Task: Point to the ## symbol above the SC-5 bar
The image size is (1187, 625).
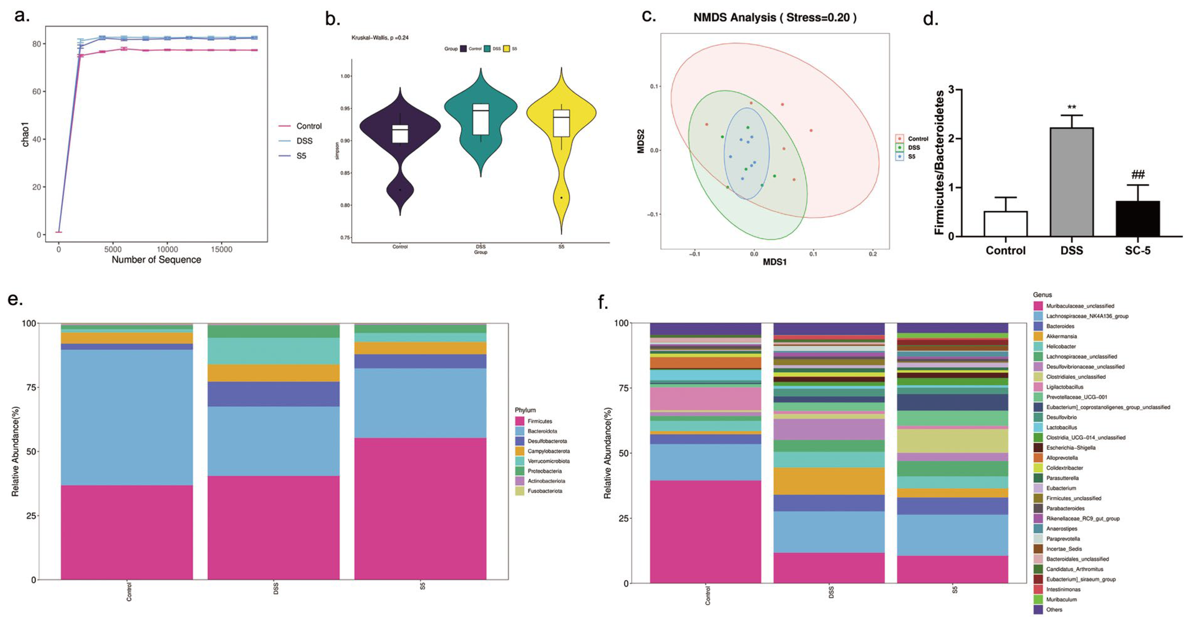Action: pos(1138,175)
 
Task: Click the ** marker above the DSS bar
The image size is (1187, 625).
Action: pos(1072,108)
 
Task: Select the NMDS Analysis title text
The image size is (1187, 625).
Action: pos(774,17)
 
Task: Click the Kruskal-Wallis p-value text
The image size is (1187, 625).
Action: pos(380,38)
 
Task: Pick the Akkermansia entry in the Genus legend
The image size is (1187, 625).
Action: pos(1061,336)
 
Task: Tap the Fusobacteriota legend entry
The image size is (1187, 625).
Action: pos(545,491)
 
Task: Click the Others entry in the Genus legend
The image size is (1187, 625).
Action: pos(1054,609)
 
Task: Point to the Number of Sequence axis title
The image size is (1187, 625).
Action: pos(156,260)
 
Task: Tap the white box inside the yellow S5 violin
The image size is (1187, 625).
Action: pos(561,123)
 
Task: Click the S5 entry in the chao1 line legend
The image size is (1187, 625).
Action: pos(301,156)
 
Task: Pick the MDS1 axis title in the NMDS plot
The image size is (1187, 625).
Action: pos(774,262)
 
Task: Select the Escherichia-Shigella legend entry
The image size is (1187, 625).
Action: pos(1070,448)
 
